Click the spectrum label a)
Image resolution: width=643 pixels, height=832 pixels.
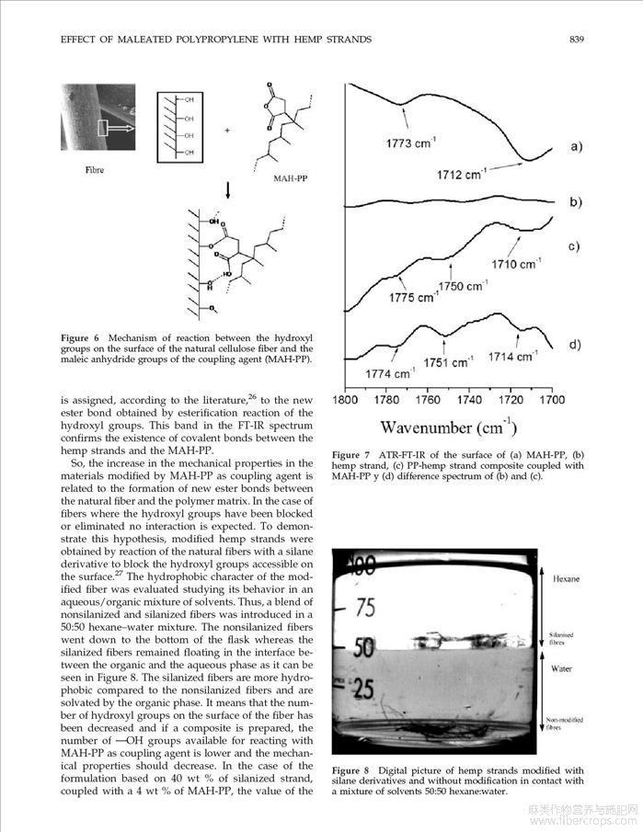coord(576,147)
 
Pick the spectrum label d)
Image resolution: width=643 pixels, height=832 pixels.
coord(576,345)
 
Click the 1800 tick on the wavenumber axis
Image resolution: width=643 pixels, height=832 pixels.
coord(345,400)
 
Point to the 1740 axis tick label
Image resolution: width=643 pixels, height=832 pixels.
coord(469,400)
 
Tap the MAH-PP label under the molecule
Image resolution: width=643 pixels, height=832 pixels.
coord(290,177)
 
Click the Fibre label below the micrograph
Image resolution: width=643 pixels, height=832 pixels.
coord(93,170)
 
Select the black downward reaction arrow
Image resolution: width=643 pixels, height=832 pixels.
coord(227,192)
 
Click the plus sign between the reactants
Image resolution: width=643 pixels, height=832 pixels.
coord(226,130)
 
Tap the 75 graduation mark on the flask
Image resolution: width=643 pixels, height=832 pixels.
coord(367,607)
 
